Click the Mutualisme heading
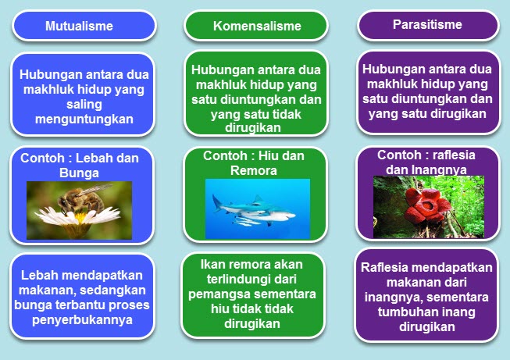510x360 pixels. [x=79, y=26]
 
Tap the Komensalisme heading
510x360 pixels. [x=257, y=26]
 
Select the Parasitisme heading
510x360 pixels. [x=427, y=24]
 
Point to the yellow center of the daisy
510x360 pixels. [x=80, y=217]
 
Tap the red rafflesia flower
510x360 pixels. [x=426, y=205]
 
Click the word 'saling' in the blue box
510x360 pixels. [x=84, y=105]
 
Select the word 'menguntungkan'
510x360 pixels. [x=84, y=119]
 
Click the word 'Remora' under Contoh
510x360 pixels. [x=253, y=170]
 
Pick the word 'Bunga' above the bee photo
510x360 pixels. [x=79, y=173]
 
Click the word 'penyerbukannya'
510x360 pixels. [x=82, y=320]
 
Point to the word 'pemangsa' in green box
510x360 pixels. [x=220, y=294]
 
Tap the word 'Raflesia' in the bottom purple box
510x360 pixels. [x=384, y=267]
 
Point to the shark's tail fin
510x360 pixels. [x=217, y=202]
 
